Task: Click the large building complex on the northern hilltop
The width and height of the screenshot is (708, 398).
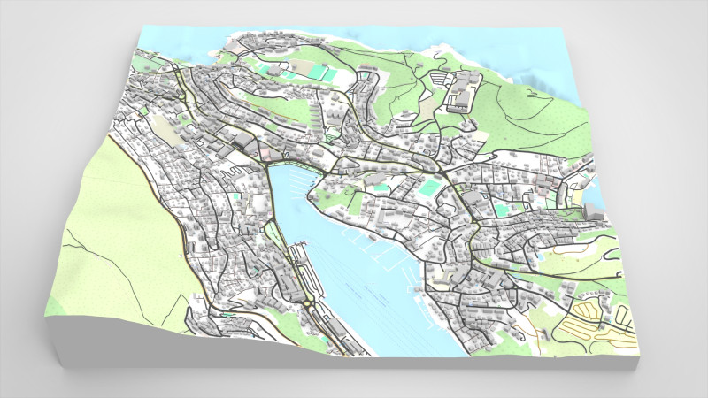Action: click(x=461, y=93)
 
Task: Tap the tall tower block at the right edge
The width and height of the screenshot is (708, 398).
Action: click(x=590, y=210)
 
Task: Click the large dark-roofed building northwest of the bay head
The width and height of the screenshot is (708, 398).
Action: click(x=241, y=142)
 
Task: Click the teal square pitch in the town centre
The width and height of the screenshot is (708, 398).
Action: click(x=429, y=188)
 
